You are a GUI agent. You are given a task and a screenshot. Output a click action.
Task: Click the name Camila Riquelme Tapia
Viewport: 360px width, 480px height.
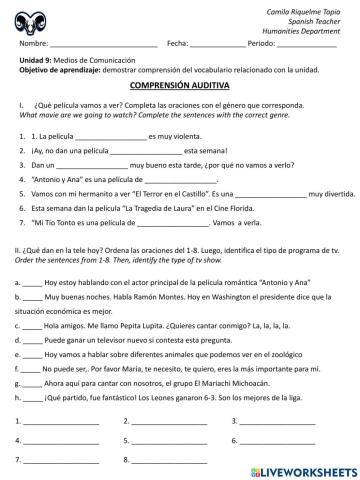point(304,8)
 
